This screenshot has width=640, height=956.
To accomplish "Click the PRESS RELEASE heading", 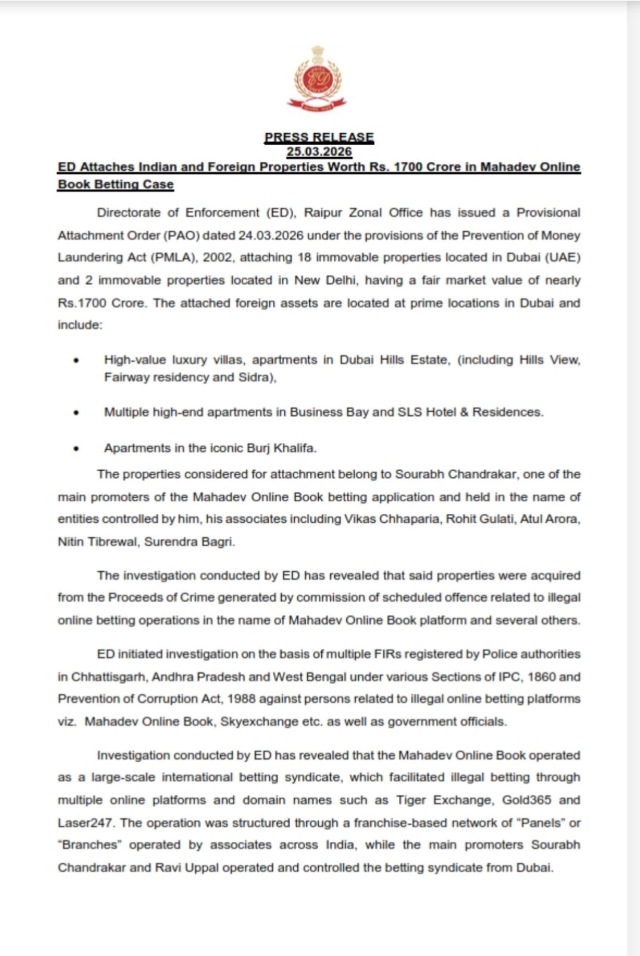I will [319, 137].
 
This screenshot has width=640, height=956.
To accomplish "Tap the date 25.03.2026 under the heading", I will [319, 152].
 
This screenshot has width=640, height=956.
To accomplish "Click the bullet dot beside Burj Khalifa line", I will [76, 448].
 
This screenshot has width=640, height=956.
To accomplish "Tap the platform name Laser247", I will [85, 823].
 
